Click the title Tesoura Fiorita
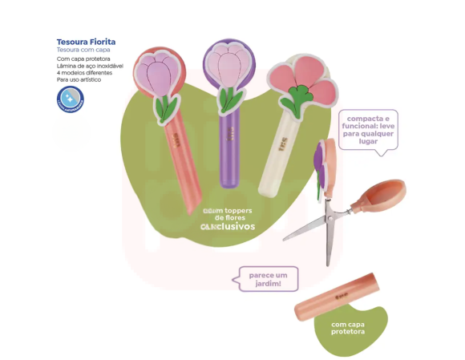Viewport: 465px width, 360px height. click(86, 42)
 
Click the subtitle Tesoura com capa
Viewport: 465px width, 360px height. click(83, 51)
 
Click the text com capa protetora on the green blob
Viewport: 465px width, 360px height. click(348, 328)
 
